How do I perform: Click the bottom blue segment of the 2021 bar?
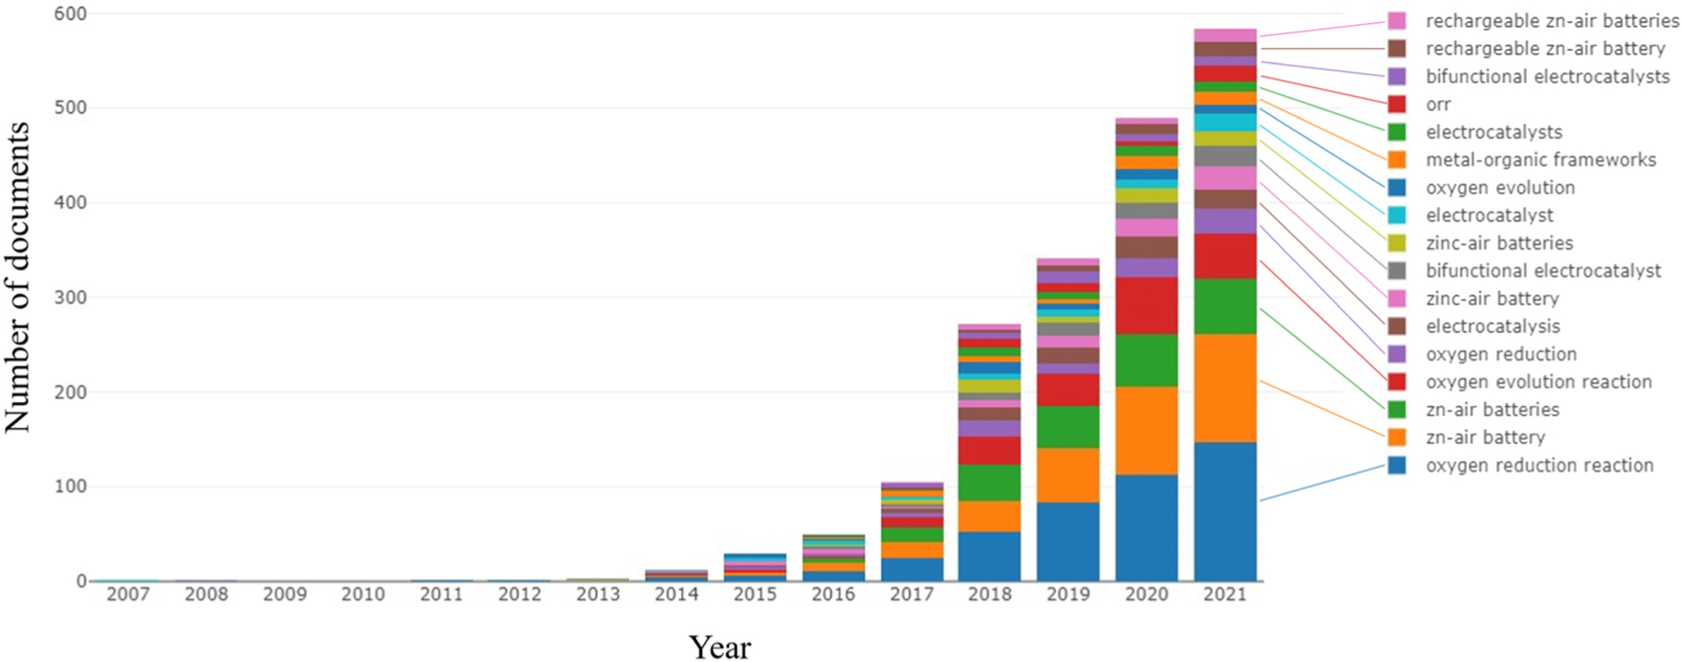[x=1225, y=511]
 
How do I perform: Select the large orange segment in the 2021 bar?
[x=1225, y=388]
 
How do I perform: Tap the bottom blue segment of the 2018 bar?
[x=990, y=556]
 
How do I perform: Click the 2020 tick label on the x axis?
[x=1146, y=595]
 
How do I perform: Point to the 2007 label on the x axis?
[x=128, y=595]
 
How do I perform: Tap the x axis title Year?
[x=719, y=646]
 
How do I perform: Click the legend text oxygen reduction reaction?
[x=1539, y=465]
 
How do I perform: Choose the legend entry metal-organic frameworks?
[x=1541, y=160]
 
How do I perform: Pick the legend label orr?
[x=1438, y=104]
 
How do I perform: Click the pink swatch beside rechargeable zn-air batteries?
[x=1396, y=21]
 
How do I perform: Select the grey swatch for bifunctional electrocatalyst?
[x=1396, y=271]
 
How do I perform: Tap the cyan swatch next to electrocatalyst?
[x=1396, y=215]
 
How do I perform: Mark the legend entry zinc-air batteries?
[x=1499, y=243]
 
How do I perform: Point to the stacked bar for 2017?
[x=911, y=532]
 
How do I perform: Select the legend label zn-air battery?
[x=1485, y=437]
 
